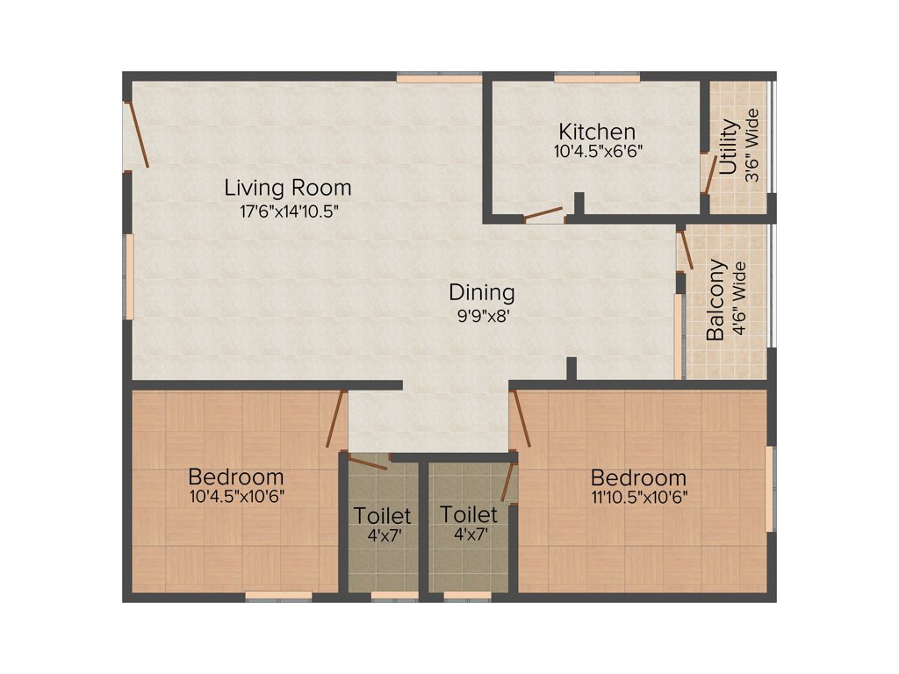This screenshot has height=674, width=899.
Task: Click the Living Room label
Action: tap(288, 188)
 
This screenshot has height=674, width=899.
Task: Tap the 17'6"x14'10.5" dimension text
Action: tap(288, 211)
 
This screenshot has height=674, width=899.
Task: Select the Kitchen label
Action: tap(597, 133)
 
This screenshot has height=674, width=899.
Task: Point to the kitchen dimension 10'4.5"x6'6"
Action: tap(597, 151)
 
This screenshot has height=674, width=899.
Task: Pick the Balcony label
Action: tap(716, 298)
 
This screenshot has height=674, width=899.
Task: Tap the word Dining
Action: tap(482, 293)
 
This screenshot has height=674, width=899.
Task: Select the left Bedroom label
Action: tap(236, 477)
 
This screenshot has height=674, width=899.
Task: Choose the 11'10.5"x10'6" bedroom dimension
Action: tap(638, 497)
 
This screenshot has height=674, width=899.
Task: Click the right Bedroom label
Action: tap(638, 478)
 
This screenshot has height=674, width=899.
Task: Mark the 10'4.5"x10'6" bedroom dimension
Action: tap(236, 496)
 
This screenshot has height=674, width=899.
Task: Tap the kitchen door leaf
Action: tap(543, 213)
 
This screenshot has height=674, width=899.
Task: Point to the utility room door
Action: tap(709, 174)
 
